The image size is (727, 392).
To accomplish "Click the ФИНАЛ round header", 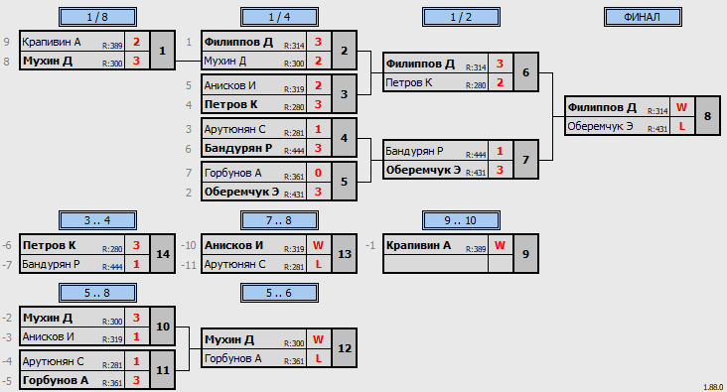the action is (643, 17).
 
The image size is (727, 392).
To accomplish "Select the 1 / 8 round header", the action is (97, 17).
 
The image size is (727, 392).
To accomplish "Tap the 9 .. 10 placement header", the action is (461, 220).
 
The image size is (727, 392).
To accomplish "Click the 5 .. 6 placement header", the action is (279, 294).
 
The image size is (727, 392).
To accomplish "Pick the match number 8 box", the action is (707, 116).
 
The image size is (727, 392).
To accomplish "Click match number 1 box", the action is (162, 51).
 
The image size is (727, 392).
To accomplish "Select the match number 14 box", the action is (162, 254).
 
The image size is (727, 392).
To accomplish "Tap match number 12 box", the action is (344, 348).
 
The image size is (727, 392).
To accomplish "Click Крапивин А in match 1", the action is (52, 42).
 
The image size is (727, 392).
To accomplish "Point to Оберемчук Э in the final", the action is (600, 126).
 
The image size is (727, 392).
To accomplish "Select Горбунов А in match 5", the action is (232, 174).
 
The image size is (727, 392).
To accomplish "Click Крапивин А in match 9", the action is (418, 245).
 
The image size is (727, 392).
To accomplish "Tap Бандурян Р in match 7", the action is (414, 151).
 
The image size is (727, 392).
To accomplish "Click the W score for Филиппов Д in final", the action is (681, 107).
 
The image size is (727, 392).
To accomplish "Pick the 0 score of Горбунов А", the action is (318, 173).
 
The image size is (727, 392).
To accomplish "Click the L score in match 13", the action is (318, 264).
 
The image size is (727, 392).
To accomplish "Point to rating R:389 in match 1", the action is (112, 45).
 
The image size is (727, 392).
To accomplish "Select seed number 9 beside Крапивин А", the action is (7, 42).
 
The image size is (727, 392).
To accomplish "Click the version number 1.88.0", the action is (713, 387).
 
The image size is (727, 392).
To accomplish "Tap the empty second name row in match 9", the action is (436, 264).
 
